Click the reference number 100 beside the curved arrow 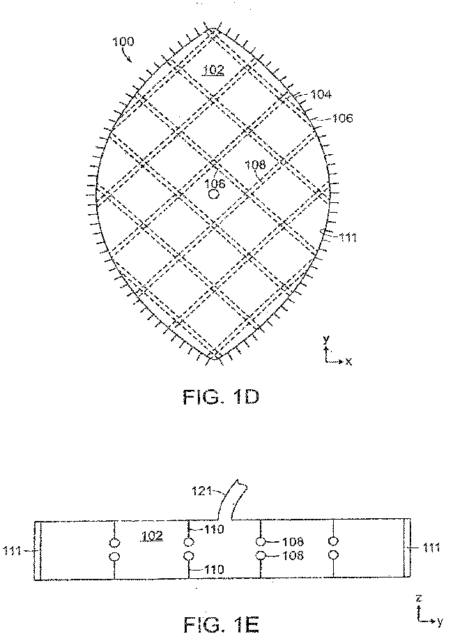point(123,42)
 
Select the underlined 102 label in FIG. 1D point(213,70)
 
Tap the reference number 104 point(321,94)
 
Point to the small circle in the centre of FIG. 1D point(214,194)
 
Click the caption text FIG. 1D point(221,397)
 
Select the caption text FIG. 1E point(221,624)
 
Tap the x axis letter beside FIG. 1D point(348,361)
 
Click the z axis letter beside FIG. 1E point(420,598)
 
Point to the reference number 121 point(202,491)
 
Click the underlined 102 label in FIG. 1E point(152,536)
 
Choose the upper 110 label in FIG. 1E point(213,529)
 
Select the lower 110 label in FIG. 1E point(213,569)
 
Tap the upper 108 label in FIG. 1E point(293,541)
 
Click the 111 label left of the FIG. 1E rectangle point(12,550)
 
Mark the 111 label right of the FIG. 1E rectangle point(431,548)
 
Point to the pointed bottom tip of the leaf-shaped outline point(214,358)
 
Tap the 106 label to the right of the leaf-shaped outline point(343,119)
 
